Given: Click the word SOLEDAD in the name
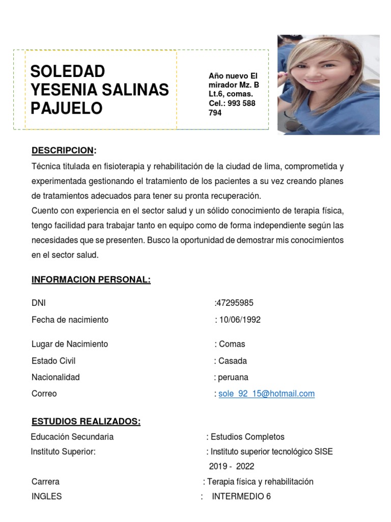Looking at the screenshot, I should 68,71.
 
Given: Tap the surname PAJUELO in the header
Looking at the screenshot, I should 67,108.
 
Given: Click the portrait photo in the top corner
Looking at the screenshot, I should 328,85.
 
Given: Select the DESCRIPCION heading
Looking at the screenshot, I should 63,150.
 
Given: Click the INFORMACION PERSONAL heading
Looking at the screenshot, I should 91,280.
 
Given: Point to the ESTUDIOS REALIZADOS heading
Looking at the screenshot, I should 86,421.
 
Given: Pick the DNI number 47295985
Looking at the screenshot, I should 235,303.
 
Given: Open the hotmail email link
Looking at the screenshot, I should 266,394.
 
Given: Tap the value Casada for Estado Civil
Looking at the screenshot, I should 233,360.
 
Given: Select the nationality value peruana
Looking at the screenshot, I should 233,377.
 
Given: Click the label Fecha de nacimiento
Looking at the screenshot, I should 70,320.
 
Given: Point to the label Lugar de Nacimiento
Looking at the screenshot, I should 70,344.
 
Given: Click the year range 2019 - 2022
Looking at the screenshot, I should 232,466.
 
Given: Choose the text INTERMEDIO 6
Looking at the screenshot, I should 241,496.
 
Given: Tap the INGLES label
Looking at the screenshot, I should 46,496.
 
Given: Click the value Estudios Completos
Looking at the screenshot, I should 247,437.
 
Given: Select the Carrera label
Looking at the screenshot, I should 45,482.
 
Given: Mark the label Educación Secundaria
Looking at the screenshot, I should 72,437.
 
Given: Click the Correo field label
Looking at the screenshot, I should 44,394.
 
